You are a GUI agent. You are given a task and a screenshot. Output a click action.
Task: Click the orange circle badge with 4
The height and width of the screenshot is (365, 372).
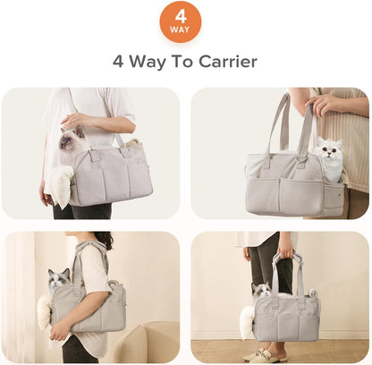pyautogui.click(x=181, y=21)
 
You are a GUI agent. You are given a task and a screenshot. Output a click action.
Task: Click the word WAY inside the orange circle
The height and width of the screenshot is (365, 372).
pyautogui.click(x=181, y=30)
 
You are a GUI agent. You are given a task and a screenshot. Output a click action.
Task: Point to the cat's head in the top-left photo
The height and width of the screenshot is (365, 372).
pyautogui.click(x=73, y=139)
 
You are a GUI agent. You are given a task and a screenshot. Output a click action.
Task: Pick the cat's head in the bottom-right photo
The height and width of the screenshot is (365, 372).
pyautogui.click(x=262, y=290)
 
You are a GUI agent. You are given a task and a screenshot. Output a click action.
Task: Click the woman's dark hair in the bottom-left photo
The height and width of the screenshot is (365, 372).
pyautogui.click(x=104, y=240)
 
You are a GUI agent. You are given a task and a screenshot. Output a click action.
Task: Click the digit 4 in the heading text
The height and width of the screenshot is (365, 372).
pyautogui.click(x=120, y=62)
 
